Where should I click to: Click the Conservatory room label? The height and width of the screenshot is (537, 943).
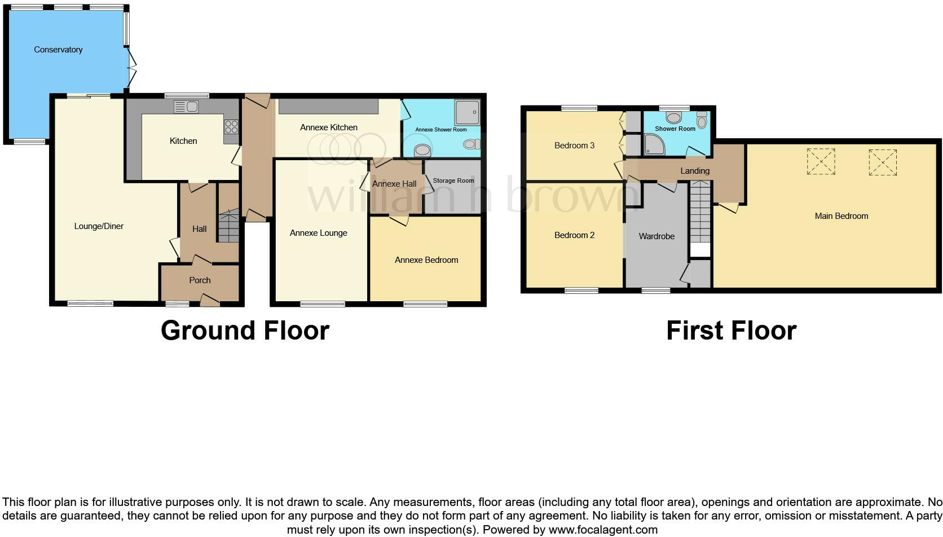58,50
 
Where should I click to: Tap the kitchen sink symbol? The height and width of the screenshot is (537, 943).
186,106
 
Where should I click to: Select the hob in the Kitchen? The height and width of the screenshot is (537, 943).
231,127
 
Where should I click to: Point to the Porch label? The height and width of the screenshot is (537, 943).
200,280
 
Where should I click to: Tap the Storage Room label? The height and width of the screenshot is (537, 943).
453,181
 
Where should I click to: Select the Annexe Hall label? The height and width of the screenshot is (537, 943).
394,184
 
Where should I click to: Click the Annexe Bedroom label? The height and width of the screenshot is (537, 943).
426,260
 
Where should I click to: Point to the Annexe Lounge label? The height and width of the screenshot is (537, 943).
318,233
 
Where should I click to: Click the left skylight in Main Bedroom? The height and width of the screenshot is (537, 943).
821,162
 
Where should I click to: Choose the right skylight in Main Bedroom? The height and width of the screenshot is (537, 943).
883,162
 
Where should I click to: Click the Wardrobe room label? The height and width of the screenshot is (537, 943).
656,236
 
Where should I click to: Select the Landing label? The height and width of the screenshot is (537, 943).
694,171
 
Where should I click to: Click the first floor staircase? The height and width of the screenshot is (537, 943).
700,212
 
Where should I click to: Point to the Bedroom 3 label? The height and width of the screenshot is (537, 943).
574,146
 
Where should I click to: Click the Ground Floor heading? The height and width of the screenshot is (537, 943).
245,331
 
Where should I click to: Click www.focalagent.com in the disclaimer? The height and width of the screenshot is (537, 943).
602,530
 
